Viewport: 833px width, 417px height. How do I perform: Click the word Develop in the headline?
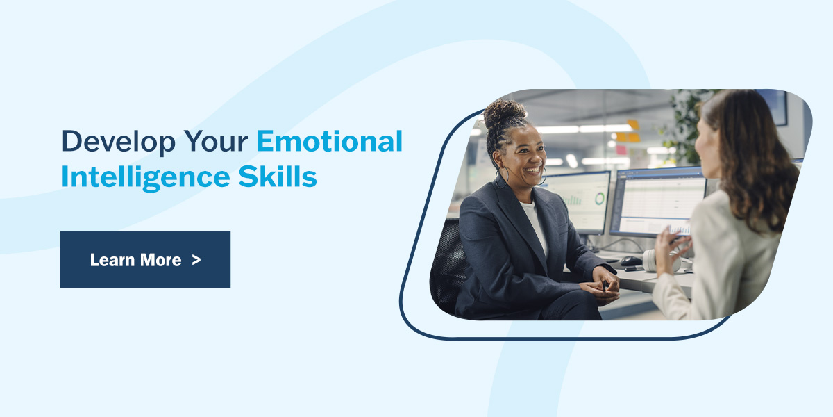tap(118, 142)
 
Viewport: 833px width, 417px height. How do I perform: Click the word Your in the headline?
tap(216, 141)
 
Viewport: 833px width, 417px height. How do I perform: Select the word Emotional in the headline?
tap(330, 141)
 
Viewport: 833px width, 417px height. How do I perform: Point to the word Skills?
tap(278, 176)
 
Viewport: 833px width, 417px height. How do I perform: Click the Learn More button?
tap(145, 259)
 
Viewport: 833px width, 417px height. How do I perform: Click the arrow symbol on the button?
tap(196, 260)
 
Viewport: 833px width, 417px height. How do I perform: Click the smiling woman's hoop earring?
tap(502, 178)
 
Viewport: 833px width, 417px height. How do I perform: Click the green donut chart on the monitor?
tap(600, 199)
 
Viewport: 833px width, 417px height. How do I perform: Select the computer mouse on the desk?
tap(631, 261)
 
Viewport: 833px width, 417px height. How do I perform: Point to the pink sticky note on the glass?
tap(621, 149)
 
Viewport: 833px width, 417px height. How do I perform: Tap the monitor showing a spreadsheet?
tap(658, 202)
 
